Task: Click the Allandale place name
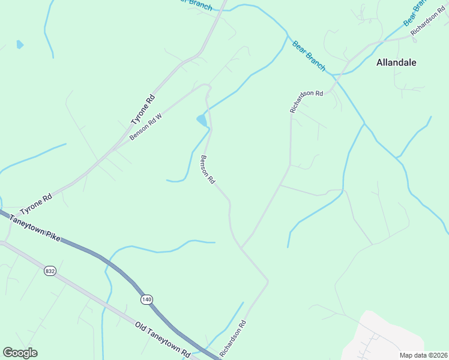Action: click(x=396, y=62)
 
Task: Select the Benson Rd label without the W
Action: click(x=208, y=170)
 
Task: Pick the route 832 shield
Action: click(x=50, y=271)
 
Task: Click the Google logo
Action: click(x=20, y=353)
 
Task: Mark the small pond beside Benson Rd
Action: click(x=202, y=121)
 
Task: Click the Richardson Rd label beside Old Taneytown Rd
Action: click(x=233, y=339)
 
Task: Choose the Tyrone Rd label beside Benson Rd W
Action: click(x=143, y=110)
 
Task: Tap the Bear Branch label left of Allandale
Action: click(x=309, y=56)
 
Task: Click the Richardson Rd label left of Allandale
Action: click(x=306, y=101)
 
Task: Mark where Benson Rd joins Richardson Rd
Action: click(x=241, y=247)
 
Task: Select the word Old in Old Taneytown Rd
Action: click(x=142, y=327)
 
